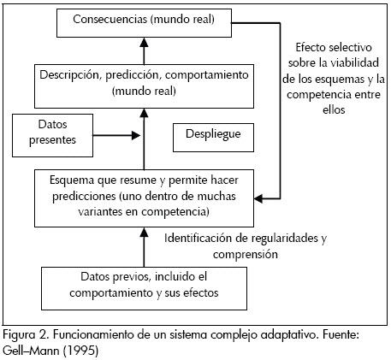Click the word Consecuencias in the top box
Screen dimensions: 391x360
110,19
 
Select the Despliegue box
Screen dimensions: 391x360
213,138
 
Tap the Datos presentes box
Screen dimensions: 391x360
52,135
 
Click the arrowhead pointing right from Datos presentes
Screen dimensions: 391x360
136,135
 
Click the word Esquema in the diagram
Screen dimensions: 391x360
71,180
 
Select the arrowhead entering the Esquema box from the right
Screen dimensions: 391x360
258,198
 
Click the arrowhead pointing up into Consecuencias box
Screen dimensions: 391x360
144,42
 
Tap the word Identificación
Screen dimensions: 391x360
198,239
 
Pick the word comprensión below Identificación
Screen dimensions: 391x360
246,254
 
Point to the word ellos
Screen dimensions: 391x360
334,109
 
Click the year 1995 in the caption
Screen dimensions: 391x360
81,351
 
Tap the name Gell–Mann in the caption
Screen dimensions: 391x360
31,351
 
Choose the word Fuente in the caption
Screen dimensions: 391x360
341,334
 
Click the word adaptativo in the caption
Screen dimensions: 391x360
288,335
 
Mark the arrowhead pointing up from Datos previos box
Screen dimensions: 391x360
144,233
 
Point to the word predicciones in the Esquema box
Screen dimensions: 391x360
84,197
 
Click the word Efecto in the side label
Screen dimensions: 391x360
310,47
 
